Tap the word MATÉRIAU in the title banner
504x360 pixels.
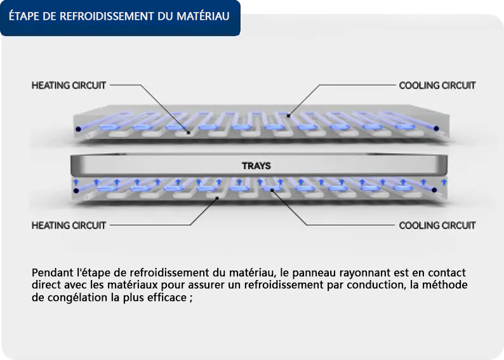(x=203, y=15)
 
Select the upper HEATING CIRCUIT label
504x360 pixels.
(x=69, y=85)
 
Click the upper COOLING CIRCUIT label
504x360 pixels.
(x=437, y=85)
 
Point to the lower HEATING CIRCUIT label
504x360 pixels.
(x=69, y=225)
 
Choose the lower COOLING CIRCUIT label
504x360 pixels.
(x=437, y=225)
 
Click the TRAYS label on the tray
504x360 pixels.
(x=256, y=166)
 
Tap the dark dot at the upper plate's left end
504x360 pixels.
(x=78, y=130)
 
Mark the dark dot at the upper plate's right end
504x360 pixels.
(x=436, y=128)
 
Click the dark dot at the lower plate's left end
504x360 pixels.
(x=76, y=190)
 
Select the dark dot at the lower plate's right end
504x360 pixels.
(x=434, y=190)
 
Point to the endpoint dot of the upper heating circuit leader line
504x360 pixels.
(x=189, y=132)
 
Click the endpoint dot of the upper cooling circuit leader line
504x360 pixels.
(x=288, y=116)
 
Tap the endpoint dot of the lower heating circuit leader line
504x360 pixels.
(x=217, y=198)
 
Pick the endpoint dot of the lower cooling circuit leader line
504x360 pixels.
(x=272, y=190)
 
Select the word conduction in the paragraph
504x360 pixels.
(x=376, y=285)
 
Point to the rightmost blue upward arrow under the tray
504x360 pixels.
(x=444, y=182)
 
